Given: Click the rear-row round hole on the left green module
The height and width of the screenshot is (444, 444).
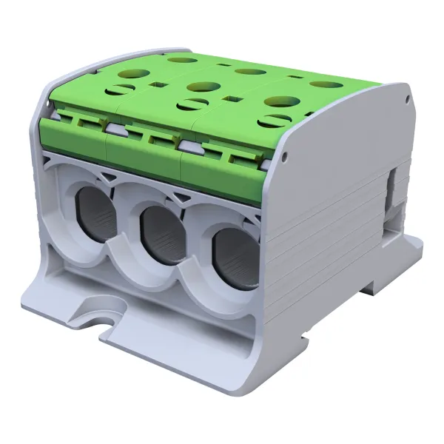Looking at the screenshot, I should click(x=178, y=58).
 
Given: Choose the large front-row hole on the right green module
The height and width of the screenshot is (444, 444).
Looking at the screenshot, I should click(x=280, y=101).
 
